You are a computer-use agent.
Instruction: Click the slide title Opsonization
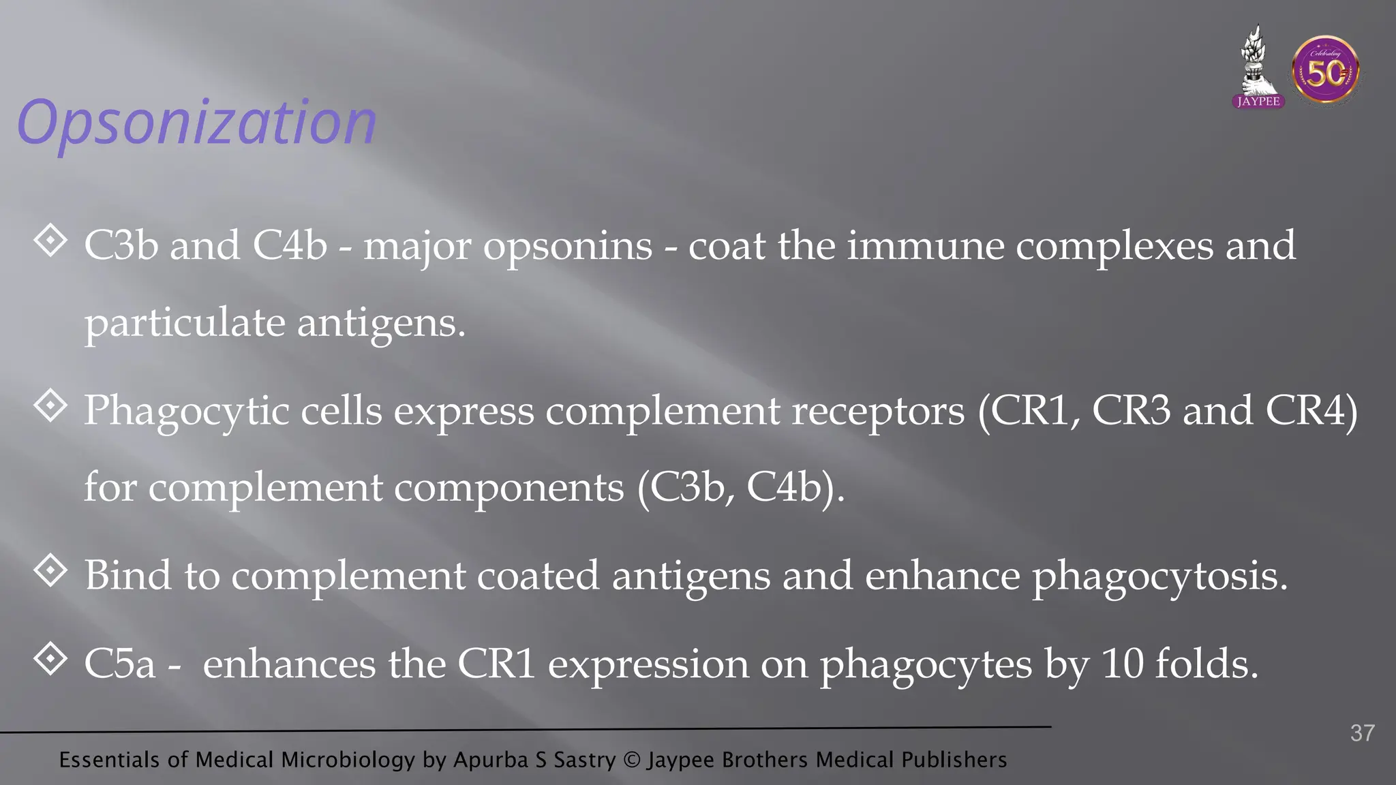196,123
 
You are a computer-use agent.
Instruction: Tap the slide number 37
1362,733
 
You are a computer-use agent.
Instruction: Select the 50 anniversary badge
1325,71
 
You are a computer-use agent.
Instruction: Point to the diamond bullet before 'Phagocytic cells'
50,406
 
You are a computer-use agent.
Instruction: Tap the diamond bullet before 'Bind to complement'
50,571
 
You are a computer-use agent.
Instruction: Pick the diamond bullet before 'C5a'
50,659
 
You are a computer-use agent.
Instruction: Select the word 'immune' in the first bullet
926,246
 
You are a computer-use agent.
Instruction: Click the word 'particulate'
185,323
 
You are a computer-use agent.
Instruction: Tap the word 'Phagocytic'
187,412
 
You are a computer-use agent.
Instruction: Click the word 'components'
509,488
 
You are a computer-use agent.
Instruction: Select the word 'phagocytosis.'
1159,576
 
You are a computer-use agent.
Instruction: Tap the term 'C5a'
119,664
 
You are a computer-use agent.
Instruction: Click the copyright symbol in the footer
632,760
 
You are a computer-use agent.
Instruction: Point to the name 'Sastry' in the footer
584,760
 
